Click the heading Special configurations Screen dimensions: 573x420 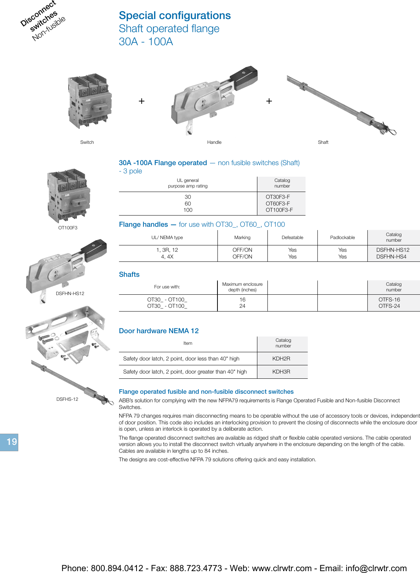pyautogui.click(x=175, y=15)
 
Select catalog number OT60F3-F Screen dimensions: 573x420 pyautogui.click(x=278, y=204)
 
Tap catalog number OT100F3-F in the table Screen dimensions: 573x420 pyautogui.click(x=279, y=210)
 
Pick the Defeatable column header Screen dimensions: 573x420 pyautogui.click(x=292, y=238)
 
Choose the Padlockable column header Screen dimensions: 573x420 pyautogui.click(x=342, y=238)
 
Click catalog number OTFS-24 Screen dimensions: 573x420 pyautogui.click(x=389, y=306)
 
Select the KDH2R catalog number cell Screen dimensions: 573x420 pyautogui.click(x=281, y=359)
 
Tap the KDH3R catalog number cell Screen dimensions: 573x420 pyautogui.click(x=281, y=372)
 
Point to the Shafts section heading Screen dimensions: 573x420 pyautogui.click(x=129, y=275)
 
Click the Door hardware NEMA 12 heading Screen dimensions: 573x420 pyautogui.click(x=159, y=331)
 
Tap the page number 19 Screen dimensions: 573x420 pyautogui.click(x=11, y=442)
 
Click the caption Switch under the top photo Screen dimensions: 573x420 pyautogui.click(x=87, y=142)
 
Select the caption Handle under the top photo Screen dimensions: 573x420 pyautogui.click(x=214, y=142)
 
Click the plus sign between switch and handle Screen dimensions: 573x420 pyautogui.click(x=142, y=101)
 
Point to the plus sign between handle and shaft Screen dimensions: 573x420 pyautogui.click(x=269, y=101)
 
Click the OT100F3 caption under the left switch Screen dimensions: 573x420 pyautogui.click(x=68, y=228)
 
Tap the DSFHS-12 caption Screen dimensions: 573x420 pyautogui.click(x=67, y=399)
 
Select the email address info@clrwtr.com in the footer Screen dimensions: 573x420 pyautogui.click(x=376, y=568)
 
